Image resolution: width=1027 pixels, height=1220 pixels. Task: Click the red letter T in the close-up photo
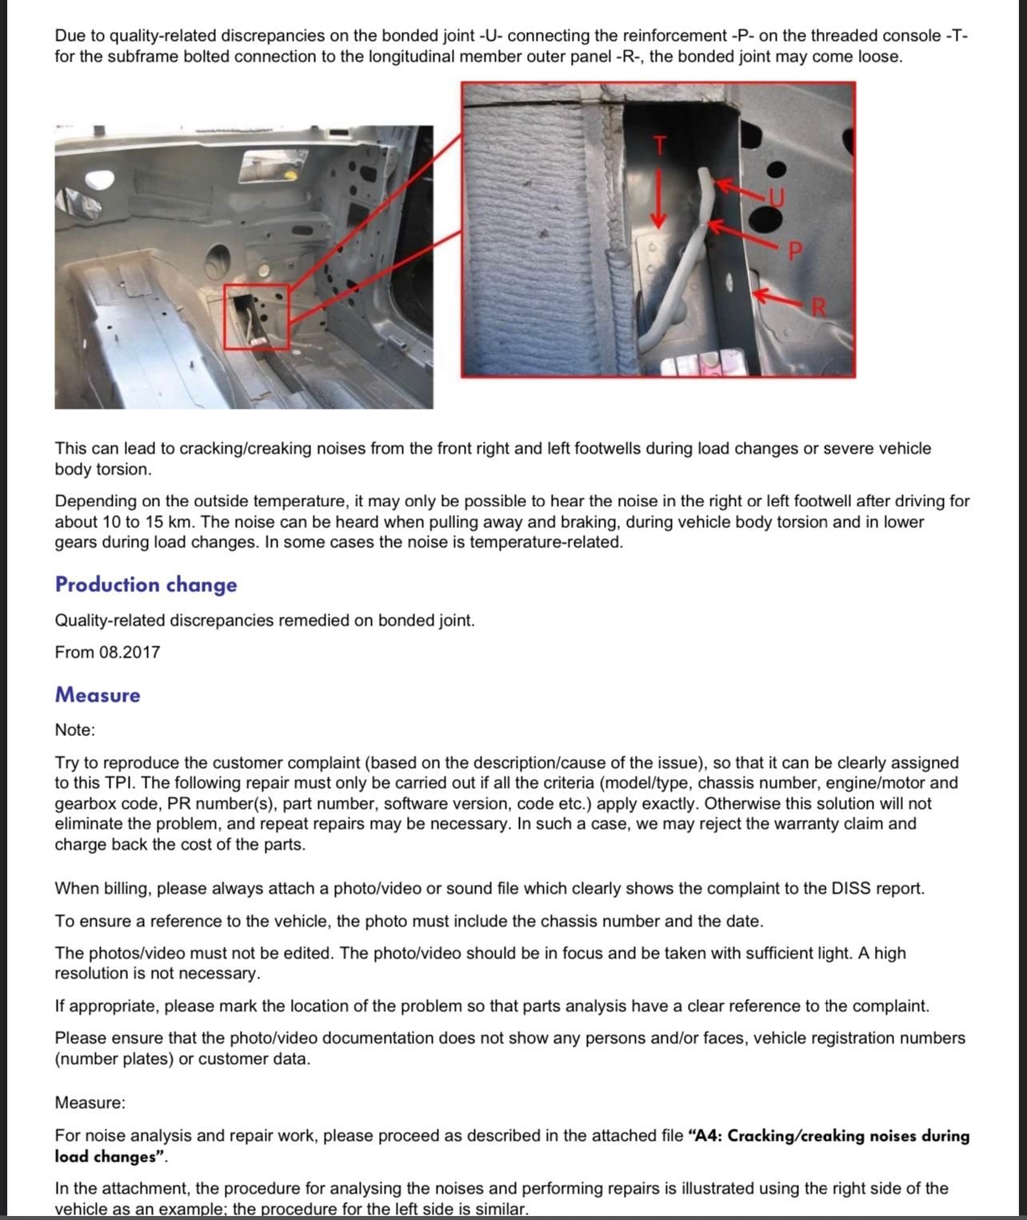tap(659, 146)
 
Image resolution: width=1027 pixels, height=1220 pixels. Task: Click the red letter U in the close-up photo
tap(777, 197)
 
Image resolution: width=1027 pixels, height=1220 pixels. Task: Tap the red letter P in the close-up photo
tap(794, 252)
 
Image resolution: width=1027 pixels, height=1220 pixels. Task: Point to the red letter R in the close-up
tap(818, 306)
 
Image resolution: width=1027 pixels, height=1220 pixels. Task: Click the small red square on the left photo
tap(256, 317)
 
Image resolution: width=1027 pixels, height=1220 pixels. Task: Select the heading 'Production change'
tap(146, 585)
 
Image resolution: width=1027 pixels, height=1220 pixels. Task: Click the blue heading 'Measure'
tap(98, 695)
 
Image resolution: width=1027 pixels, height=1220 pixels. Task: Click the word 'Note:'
tap(74, 730)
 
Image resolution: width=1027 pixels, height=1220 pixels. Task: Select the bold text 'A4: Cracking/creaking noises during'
tap(833, 1136)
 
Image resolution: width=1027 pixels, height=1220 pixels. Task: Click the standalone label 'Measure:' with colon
tap(90, 1103)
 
